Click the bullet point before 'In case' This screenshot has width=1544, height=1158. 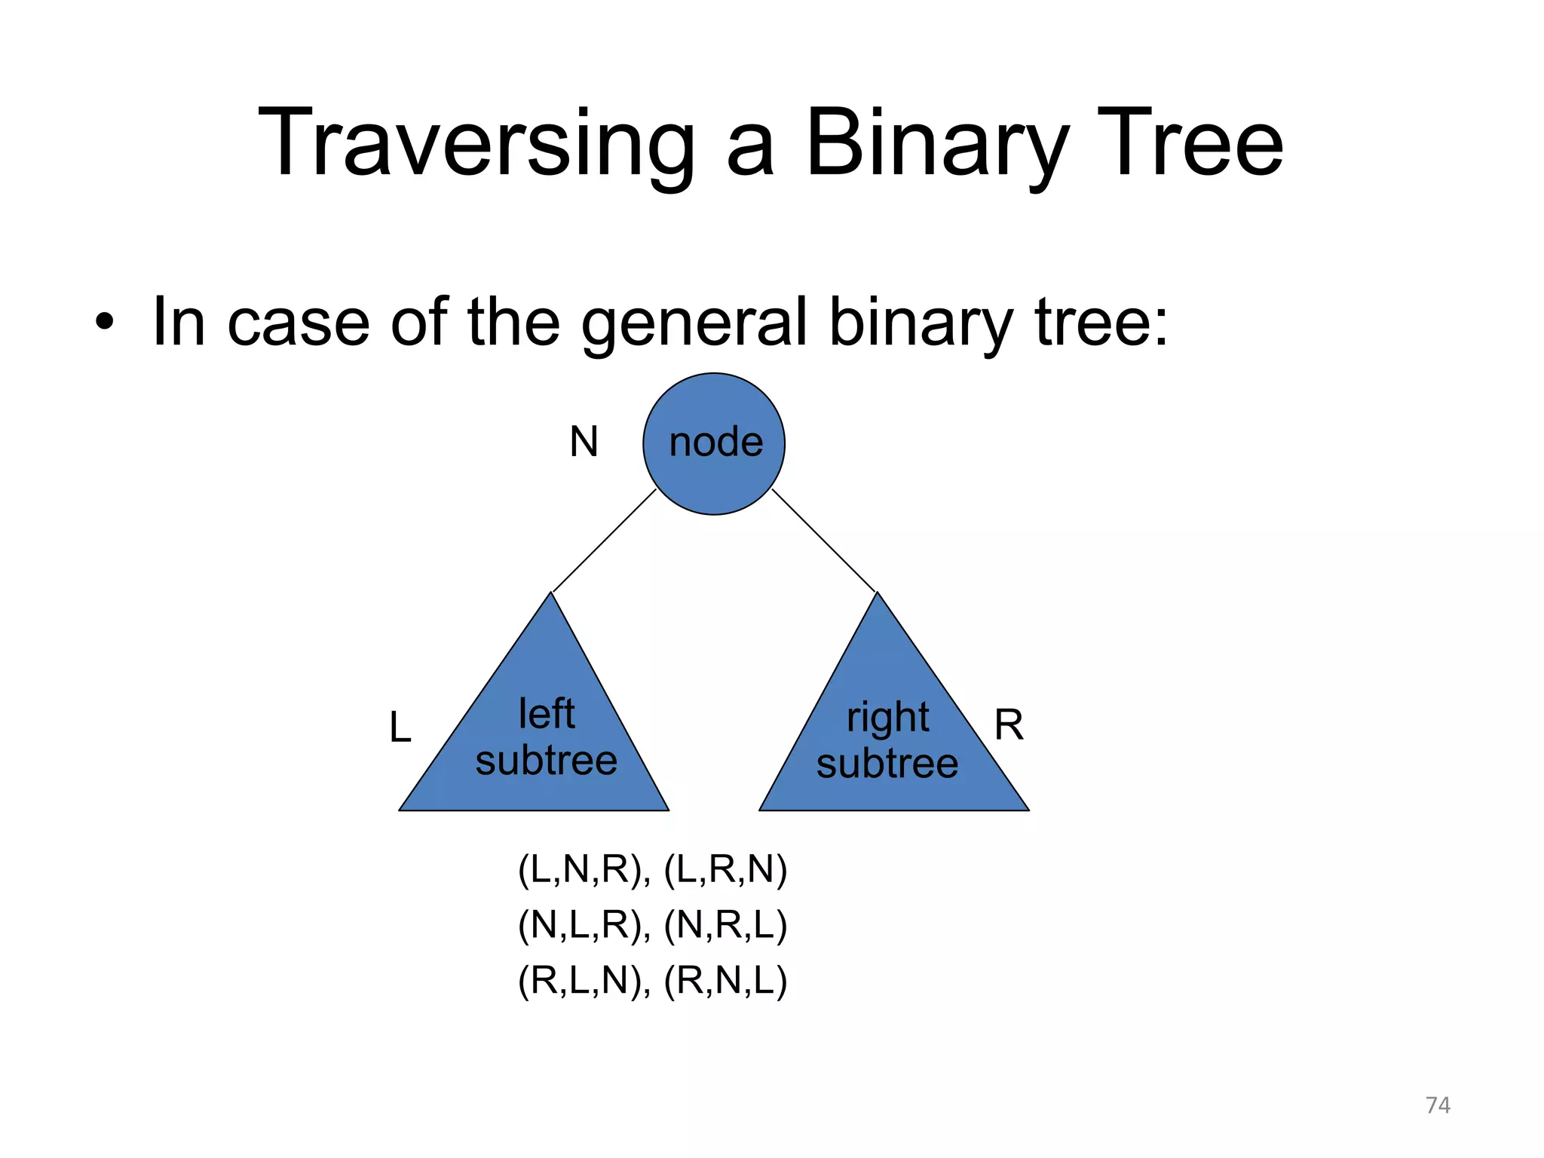tap(105, 324)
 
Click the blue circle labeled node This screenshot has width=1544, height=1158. tap(714, 443)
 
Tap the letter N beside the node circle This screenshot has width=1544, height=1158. tap(584, 442)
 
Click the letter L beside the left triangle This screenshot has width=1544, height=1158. tap(400, 728)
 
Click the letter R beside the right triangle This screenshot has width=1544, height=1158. tap(1009, 725)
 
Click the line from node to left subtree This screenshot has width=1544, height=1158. tap(605, 541)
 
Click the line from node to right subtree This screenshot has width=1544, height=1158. tap(823, 541)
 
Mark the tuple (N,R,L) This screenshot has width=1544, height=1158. tap(725, 925)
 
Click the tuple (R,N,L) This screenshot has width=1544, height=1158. tap(725, 981)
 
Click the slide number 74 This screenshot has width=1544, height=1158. tap(1437, 1105)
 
